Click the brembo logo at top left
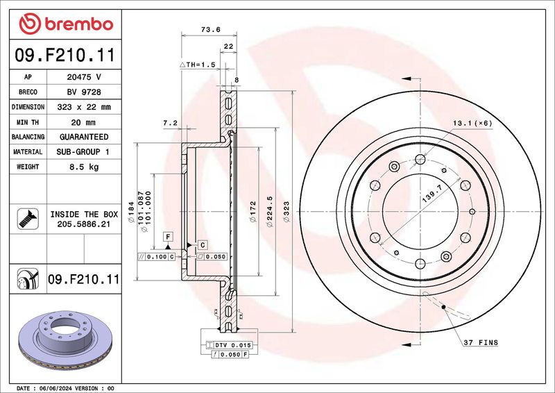(66, 24)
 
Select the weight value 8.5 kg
(84, 167)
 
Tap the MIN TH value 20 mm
(83, 122)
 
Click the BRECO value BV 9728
(84, 92)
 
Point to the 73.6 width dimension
(211, 30)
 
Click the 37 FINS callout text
(481, 343)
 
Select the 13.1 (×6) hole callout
(473, 124)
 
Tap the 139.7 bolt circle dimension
(432, 194)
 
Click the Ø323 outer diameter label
(287, 212)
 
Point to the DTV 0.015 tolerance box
(230, 345)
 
